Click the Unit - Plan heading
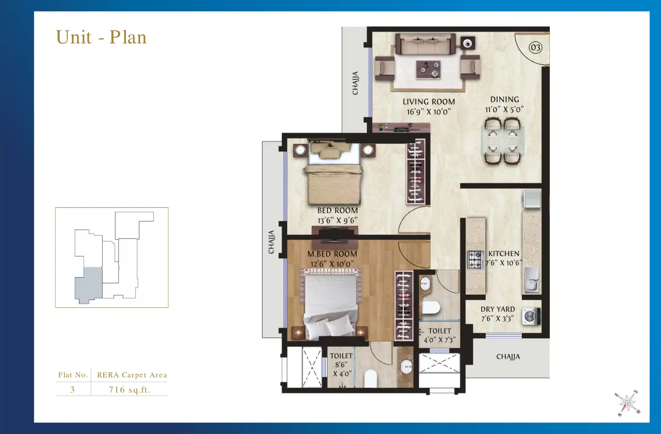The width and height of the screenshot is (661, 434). (101, 37)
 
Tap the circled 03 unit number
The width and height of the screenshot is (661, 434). (535, 48)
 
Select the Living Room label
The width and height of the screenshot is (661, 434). (428, 102)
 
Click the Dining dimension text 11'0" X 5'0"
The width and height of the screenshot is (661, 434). (504, 110)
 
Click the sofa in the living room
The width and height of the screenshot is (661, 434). (425, 45)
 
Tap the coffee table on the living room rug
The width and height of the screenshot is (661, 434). (428, 69)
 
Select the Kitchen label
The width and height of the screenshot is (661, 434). (504, 254)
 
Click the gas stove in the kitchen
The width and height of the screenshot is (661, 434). (475, 260)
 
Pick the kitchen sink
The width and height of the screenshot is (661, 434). (532, 281)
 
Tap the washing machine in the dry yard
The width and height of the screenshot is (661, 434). (531, 317)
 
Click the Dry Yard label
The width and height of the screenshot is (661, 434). (497, 309)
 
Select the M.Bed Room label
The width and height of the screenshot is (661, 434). (332, 254)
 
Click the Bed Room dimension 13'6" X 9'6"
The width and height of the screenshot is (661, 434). (337, 220)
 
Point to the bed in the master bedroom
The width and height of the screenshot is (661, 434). (331, 304)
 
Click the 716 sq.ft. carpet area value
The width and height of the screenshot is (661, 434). (129, 390)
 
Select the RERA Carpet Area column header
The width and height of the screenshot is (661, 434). (132, 375)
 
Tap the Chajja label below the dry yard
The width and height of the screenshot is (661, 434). (508, 357)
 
